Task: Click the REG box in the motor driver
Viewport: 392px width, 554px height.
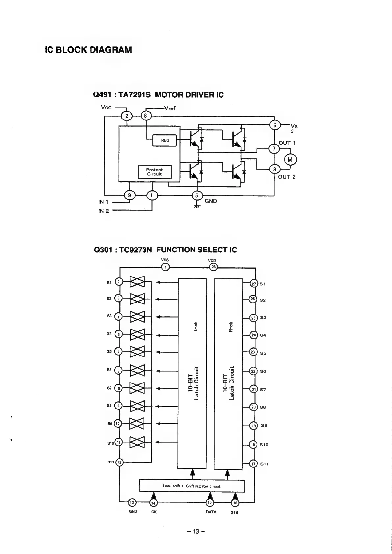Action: (x=165, y=141)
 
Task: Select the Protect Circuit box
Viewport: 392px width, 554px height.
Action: (x=154, y=172)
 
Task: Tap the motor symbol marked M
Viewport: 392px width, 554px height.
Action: (x=290, y=160)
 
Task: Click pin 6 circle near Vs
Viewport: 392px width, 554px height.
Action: (x=275, y=125)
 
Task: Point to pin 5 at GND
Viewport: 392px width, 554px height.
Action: (x=197, y=196)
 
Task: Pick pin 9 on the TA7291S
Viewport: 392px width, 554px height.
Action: (x=129, y=196)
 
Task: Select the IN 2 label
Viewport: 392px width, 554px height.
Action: (x=103, y=211)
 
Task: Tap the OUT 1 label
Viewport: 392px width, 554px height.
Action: (x=287, y=143)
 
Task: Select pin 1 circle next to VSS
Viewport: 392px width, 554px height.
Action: (x=165, y=267)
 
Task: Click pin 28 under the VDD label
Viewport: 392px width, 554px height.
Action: (x=213, y=267)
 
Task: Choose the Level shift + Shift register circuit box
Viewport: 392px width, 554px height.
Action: (x=192, y=486)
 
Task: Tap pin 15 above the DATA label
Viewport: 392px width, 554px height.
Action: (x=210, y=502)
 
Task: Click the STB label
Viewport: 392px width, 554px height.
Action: (x=234, y=512)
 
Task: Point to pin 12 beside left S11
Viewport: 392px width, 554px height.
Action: (x=119, y=462)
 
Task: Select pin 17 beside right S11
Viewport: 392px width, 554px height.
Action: (x=253, y=464)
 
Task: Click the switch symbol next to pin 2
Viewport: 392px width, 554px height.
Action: (x=137, y=282)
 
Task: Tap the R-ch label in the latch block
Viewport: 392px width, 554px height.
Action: (x=231, y=327)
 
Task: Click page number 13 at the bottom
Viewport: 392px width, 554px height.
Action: (x=196, y=531)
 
